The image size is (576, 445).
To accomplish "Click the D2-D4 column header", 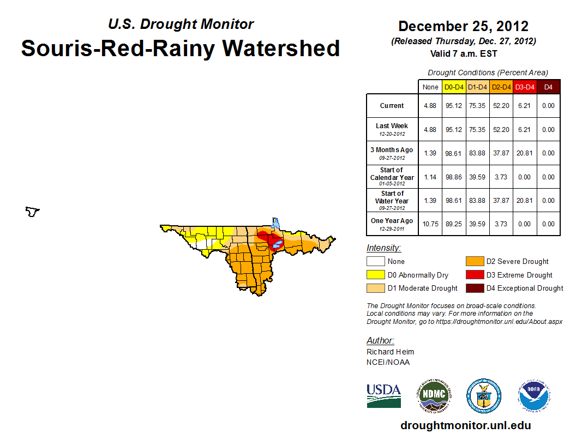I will (x=501, y=87).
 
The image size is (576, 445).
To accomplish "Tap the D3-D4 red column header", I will (x=525, y=87).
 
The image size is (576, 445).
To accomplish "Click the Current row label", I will (x=392, y=106).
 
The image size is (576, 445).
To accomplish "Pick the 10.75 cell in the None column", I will (x=430, y=224).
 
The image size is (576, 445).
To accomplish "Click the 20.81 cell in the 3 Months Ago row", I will (x=525, y=153).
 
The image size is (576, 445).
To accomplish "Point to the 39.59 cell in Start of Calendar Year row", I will (x=477, y=177).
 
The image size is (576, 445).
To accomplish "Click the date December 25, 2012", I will (x=463, y=26).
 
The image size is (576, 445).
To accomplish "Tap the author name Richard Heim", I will (x=390, y=352).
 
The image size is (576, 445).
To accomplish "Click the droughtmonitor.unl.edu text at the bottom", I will (x=465, y=425).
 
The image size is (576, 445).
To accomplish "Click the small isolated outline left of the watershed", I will (x=33, y=211).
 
